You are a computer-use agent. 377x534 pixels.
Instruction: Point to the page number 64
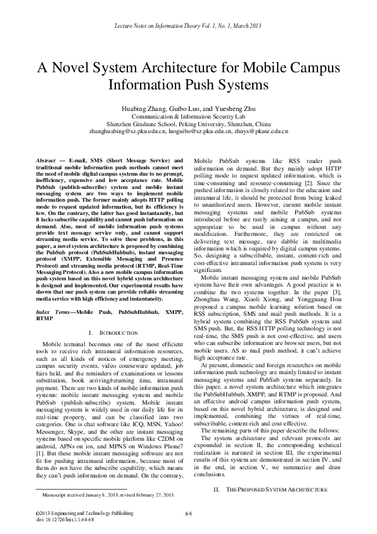click(188, 513)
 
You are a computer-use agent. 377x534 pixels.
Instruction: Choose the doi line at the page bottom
click(63, 519)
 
